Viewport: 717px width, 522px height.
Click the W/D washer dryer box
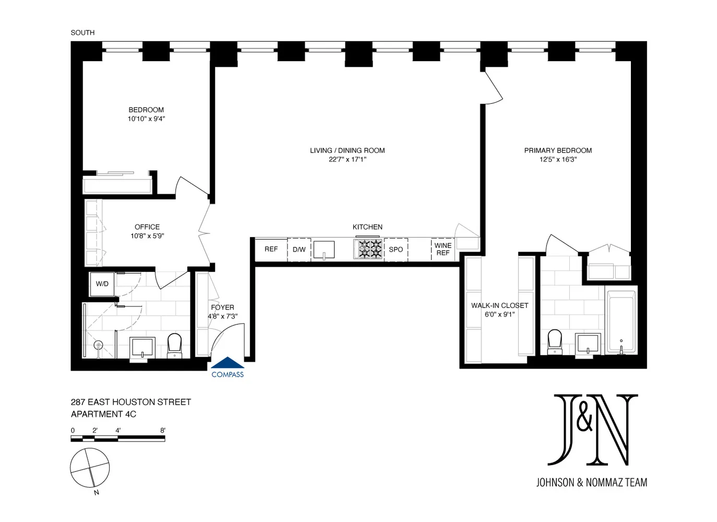point(102,284)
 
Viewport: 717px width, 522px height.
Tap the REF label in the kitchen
point(271,250)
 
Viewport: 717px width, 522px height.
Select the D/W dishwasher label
point(299,250)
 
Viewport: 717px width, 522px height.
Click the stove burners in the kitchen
point(368,249)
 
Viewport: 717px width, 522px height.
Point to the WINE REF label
point(443,249)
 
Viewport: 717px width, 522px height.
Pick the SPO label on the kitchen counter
point(396,250)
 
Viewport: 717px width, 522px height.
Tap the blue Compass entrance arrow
point(228,363)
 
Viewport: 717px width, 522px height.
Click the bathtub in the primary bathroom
point(621,321)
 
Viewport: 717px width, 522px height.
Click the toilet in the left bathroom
point(174,345)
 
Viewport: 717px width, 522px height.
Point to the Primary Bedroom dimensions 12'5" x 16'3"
point(558,159)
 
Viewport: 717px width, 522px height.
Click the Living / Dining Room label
point(347,150)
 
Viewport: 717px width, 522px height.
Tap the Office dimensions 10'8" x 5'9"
point(147,236)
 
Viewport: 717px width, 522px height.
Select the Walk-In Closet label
point(499,305)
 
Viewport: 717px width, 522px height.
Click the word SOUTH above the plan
point(82,32)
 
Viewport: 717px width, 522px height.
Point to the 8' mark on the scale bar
point(163,431)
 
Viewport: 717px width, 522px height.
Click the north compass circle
point(90,467)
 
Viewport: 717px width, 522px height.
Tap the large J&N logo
point(592,430)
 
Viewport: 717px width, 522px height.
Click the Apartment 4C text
point(103,414)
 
